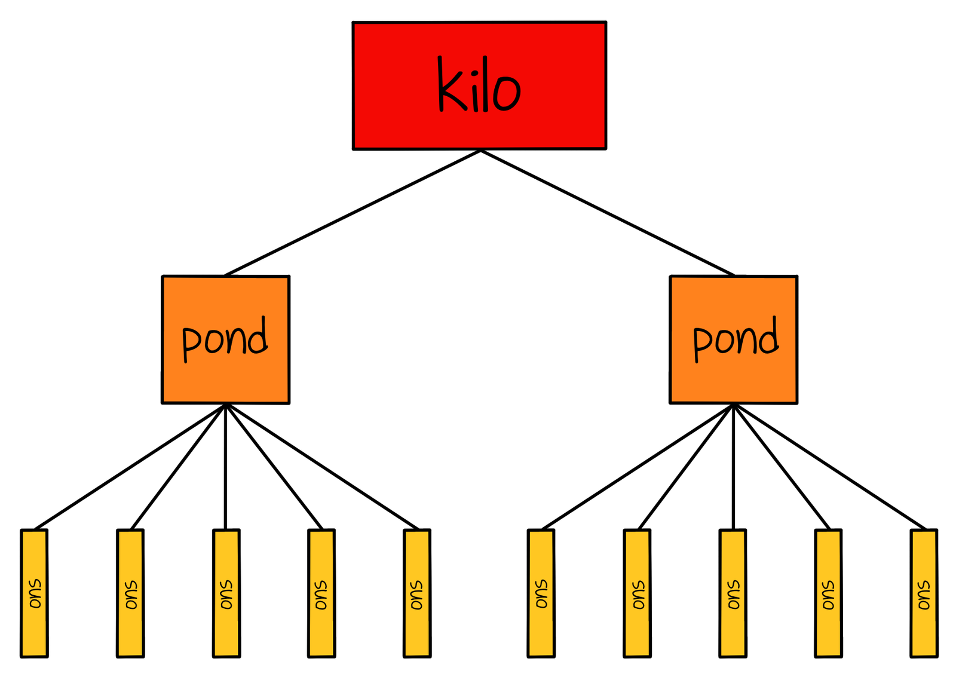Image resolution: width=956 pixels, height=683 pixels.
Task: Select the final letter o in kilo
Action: click(507, 93)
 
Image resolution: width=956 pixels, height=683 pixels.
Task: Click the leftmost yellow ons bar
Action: click(34, 593)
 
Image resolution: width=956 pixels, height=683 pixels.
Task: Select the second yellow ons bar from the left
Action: click(130, 593)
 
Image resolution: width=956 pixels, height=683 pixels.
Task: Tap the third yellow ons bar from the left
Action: click(226, 593)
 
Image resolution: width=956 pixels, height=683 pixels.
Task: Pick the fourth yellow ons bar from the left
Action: click(321, 593)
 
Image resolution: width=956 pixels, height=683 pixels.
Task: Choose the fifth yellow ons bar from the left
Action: click(417, 593)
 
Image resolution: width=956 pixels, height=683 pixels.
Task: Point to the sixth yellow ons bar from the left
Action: click(541, 593)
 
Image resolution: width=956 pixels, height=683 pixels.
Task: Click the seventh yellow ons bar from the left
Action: click(637, 593)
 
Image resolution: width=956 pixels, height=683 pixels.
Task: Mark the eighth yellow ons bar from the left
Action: click(733, 593)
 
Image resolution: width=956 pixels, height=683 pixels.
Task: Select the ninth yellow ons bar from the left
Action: click(828, 593)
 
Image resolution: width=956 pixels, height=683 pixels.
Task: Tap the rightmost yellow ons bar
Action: click(924, 593)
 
